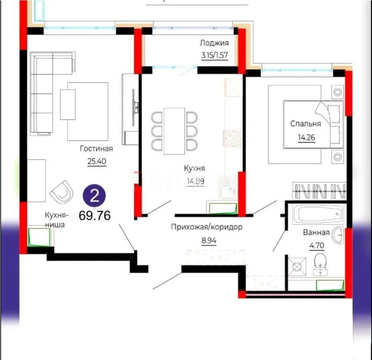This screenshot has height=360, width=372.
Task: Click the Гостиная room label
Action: (x=96, y=149)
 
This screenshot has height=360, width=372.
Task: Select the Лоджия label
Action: (x=214, y=43)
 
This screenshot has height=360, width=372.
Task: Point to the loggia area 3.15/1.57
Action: (x=214, y=55)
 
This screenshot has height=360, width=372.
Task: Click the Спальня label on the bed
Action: (x=306, y=124)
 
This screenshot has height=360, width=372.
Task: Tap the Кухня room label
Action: (x=194, y=168)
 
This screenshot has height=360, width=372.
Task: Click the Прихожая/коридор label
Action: (x=207, y=227)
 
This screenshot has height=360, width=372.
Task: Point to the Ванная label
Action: (x=316, y=232)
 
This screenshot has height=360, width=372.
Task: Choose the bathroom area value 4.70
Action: (x=316, y=245)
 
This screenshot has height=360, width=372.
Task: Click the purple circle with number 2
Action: (x=94, y=196)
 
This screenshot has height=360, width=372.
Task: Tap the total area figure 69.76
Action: (x=95, y=215)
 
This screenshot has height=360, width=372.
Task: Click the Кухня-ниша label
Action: (x=56, y=220)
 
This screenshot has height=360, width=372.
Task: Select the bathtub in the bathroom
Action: (x=316, y=215)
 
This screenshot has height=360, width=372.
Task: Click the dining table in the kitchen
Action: (x=174, y=130)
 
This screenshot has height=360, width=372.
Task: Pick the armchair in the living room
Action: (x=62, y=192)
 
